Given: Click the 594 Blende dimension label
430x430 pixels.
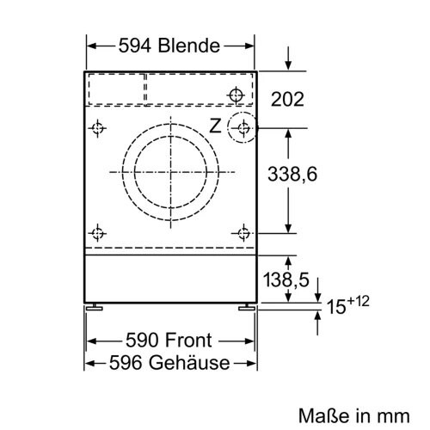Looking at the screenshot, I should (x=171, y=46).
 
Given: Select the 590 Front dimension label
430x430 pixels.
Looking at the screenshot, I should (x=171, y=340).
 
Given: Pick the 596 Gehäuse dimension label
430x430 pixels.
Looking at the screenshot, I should (x=171, y=362).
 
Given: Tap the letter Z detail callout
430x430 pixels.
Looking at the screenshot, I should (x=215, y=126).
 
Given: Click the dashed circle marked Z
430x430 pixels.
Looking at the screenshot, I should (x=244, y=129).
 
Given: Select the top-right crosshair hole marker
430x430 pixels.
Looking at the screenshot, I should (x=237, y=94).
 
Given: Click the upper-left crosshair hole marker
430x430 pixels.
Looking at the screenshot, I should (x=98, y=129).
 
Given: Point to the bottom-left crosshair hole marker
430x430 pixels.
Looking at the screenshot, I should (x=98, y=232).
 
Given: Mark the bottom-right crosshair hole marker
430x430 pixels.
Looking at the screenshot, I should (x=244, y=232).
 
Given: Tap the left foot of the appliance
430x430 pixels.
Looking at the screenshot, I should (x=95, y=305).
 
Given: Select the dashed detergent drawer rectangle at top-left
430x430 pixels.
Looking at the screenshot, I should (x=116, y=89).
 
